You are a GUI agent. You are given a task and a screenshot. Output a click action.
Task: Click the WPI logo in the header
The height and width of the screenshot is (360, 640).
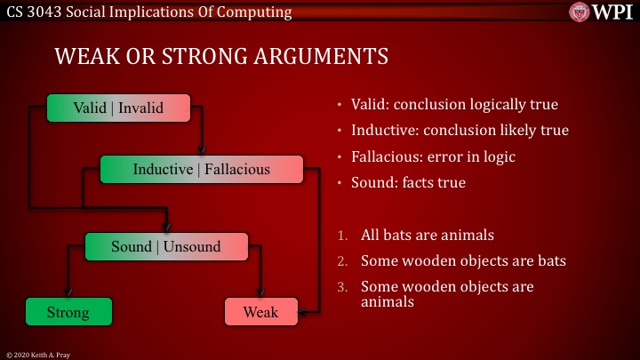(601, 12)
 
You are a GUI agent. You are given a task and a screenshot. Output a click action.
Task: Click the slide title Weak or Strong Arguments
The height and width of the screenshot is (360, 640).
(221, 57)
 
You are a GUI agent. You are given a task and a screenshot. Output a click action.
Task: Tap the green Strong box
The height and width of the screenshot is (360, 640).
(68, 312)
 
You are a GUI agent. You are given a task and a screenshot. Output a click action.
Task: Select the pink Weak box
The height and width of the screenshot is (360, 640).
(260, 312)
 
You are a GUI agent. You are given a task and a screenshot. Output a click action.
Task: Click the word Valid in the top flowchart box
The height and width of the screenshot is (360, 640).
(89, 108)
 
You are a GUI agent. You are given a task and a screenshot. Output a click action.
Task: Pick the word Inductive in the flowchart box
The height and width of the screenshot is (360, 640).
(163, 169)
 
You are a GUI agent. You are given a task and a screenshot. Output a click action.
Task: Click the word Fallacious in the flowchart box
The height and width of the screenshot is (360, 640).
(237, 169)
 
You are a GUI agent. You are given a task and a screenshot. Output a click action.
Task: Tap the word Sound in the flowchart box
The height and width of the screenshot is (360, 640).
(131, 246)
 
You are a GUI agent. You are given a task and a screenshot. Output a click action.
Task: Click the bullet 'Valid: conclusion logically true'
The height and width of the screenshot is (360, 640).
(454, 105)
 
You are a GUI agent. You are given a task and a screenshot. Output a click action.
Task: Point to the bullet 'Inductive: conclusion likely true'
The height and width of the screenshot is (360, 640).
(460, 131)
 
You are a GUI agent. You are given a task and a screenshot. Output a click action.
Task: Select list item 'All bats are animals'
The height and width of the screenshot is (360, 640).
(428, 236)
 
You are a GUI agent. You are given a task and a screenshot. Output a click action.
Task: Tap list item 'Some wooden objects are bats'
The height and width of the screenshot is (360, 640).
(462, 261)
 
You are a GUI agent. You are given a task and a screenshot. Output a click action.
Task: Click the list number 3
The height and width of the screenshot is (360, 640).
(343, 287)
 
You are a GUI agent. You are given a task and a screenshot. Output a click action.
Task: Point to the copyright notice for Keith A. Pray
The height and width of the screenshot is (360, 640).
(40, 353)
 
